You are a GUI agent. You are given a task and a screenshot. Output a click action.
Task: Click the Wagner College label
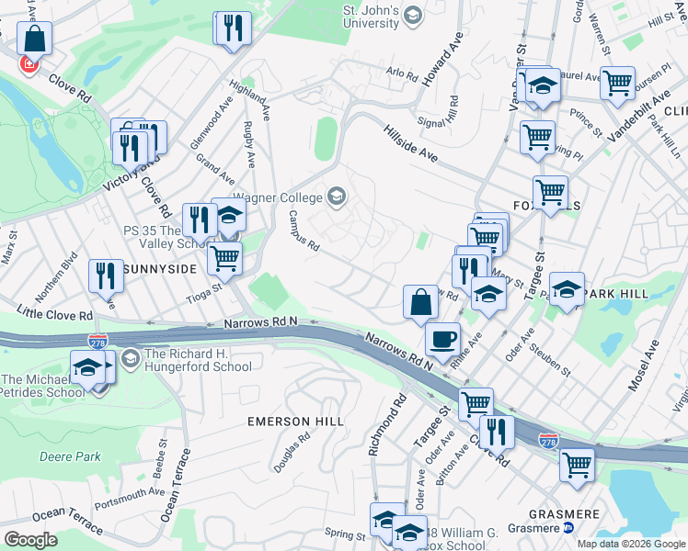(277, 197)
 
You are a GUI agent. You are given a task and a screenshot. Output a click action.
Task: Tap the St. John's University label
(371, 16)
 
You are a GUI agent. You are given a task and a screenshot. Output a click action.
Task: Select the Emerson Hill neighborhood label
(295, 422)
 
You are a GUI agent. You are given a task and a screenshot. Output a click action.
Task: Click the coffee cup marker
(444, 337)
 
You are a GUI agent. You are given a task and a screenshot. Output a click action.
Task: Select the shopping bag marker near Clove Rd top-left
(34, 39)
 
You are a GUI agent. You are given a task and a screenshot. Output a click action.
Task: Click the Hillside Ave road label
(410, 142)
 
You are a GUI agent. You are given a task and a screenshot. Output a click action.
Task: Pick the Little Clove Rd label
(56, 315)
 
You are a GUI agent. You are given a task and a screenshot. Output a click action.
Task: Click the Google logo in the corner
(30, 539)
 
